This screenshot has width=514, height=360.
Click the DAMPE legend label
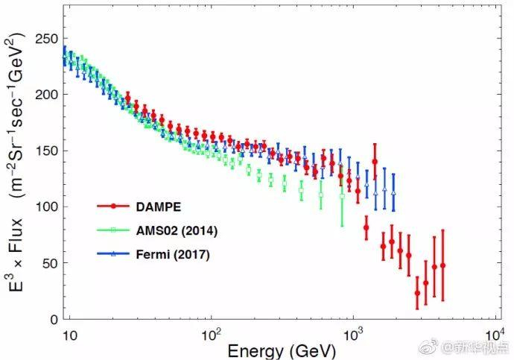[157, 205]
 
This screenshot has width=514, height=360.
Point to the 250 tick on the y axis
[47, 39]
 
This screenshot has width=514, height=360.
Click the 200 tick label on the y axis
[47, 95]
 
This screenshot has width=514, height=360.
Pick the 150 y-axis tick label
[47, 151]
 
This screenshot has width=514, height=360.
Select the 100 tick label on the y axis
[47, 206]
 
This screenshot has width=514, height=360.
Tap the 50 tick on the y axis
[50, 263]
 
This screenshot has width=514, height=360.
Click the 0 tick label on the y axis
[53, 319]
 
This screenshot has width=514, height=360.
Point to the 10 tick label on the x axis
[69, 335]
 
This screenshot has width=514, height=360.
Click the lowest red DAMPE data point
[417, 293]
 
